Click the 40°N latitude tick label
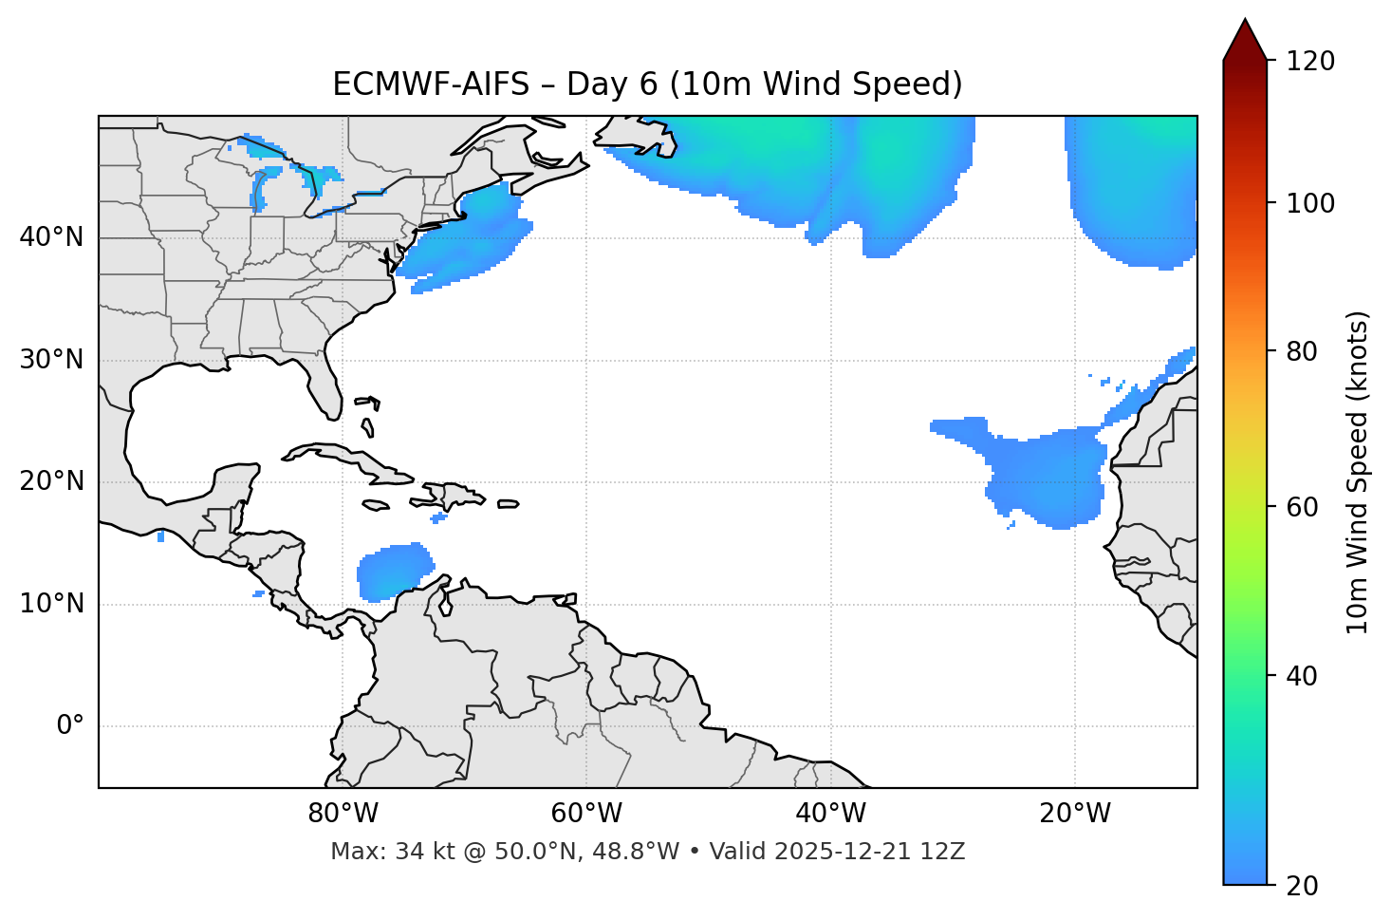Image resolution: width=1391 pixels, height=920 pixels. [51, 237]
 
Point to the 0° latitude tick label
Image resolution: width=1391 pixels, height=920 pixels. [70, 726]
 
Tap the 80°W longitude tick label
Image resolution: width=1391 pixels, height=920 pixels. [343, 813]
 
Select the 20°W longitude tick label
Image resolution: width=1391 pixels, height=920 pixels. [1075, 813]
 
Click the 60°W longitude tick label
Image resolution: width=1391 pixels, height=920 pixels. [586, 813]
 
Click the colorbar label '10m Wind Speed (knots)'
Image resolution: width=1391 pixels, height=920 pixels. [1358, 472]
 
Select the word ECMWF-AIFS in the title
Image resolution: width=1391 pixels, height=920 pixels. [431, 84]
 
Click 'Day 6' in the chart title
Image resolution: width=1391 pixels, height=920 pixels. [612, 84]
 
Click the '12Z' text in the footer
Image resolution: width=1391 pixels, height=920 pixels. [945, 852]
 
